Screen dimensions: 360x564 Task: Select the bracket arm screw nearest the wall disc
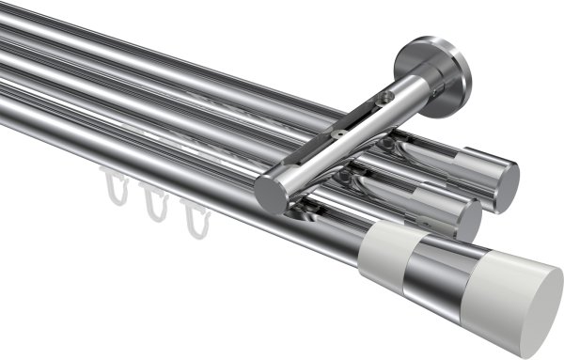[x=383, y=97]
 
